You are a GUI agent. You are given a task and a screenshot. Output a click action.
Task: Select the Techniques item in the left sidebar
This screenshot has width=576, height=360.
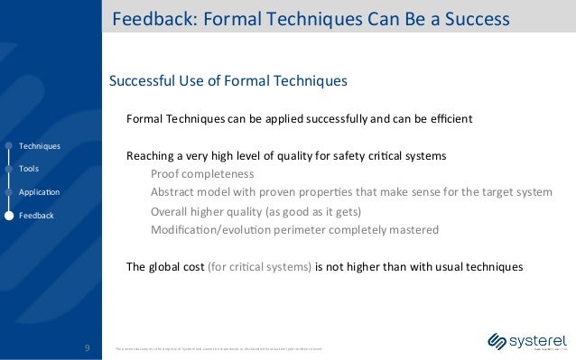(x=40, y=145)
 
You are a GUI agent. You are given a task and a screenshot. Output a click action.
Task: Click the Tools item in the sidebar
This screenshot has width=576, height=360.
(x=29, y=169)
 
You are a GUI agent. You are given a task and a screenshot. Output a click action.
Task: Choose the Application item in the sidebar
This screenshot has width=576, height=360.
(x=39, y=192)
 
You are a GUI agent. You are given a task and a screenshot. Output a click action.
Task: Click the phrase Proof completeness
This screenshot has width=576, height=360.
(x=202, y=173)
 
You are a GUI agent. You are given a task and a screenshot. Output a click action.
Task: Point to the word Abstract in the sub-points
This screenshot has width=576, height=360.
(x=174, y=192)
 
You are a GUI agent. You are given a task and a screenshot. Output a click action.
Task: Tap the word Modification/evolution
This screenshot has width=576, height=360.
(x=219, y=230)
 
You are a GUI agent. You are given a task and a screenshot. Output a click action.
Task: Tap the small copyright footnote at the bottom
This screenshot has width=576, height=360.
(x=217, y=347)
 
